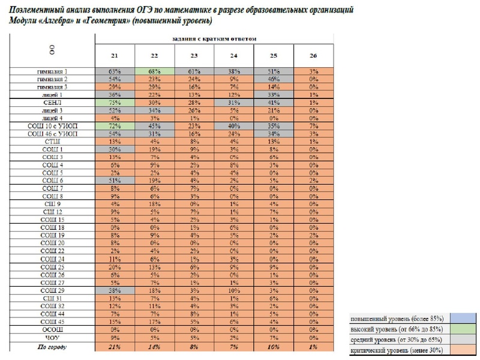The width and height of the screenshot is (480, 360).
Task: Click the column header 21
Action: click(x=115, y=55)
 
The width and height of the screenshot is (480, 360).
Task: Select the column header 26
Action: click(x=313, y=55)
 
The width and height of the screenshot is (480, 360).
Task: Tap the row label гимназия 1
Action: click(x=52, y=71)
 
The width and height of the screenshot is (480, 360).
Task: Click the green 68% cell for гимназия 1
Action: click(x=154, y=71)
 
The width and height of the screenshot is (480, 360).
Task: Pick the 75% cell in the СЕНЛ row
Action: click(x=115, y=103)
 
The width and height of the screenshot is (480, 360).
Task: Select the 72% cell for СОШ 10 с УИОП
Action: click(x=115, y=126)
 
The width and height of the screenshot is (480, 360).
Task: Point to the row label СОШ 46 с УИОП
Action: click(x=52, y=134)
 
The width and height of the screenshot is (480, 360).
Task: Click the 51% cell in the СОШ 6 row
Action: click(x=115, y=181)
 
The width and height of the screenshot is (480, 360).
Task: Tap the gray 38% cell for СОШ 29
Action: click(x=115, y=290)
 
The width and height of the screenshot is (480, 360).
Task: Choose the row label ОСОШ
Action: click(x=52, y=329)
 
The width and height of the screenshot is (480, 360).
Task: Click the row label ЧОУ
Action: click(x=52, y=337)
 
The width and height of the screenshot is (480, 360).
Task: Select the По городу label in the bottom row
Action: click(x=52, y=346)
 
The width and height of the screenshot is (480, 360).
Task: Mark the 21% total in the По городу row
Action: click(x=115, y=346)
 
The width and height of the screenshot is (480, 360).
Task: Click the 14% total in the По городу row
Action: click(x=154, y=346)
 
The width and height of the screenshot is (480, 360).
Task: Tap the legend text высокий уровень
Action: click(x=396, y=329)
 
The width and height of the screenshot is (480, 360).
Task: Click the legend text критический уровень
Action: click(x=396, y=350)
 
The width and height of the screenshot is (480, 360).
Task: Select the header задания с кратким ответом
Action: click(x=214, y=38)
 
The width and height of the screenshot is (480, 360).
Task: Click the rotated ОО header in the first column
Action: click(x=52, y=50)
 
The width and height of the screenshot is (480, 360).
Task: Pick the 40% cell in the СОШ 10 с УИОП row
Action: click(x=233, y=126)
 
